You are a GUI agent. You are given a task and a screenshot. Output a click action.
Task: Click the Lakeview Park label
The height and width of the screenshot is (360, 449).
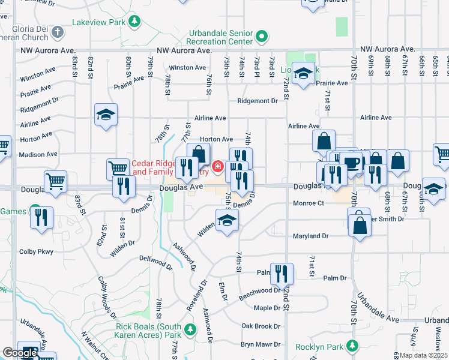point(100,22)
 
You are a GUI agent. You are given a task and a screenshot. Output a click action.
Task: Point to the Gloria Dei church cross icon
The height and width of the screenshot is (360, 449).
point(58,32)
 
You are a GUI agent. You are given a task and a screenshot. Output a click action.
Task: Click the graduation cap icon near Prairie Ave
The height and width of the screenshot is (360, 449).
point(304,74)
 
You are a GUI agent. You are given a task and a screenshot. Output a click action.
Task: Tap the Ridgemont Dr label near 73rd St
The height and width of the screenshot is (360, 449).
point(258,101)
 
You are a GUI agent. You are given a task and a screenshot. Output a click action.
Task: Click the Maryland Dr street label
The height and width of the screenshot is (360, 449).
point(310,236)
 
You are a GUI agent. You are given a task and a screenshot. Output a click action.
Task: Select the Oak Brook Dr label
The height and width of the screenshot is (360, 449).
point(261,326)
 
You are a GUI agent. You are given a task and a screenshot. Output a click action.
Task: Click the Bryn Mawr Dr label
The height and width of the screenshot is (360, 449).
point(261,344)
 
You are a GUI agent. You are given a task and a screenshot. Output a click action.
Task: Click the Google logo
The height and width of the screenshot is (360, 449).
point(19,353)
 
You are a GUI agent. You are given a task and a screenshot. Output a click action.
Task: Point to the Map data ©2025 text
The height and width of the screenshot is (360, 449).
point(420,355)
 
